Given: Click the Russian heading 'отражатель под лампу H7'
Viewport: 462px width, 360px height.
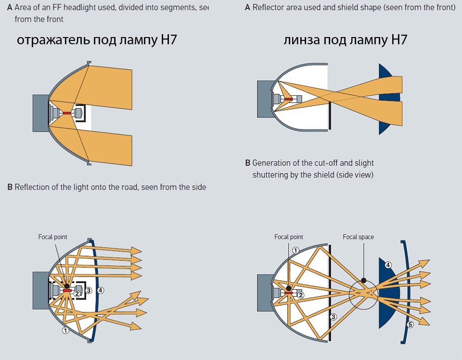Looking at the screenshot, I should click(x=97, y=40).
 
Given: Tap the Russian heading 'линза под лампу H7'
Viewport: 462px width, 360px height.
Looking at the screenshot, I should click(x=346, y=40).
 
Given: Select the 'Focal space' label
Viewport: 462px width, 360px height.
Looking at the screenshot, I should click(x=358, y=237).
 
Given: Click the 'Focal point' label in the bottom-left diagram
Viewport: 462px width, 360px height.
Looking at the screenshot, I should click(x=53, y=237).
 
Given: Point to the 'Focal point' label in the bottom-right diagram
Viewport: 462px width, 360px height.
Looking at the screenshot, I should click(x=289, y=237).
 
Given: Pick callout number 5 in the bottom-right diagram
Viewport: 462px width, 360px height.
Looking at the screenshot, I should click(x=411, y=324).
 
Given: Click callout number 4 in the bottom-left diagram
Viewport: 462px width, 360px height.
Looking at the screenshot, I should click(x=101, y=290).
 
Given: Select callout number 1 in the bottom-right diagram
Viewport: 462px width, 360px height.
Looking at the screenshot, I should click(x=295, y=250).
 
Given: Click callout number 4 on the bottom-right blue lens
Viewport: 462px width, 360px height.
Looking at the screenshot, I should click(x=388, y=265).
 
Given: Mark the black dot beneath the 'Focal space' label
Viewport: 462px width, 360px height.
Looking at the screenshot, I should click(x=364, y=280).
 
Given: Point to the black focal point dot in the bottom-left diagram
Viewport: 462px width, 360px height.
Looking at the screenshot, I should click(x=66, y=286).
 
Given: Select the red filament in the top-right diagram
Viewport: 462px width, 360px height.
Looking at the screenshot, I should click(x=288, y=99).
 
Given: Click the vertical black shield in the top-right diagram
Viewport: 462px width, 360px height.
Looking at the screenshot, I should click(x=331, y=116).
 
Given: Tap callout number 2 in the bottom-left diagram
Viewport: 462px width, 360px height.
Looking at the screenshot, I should click(x=76, y=294).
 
